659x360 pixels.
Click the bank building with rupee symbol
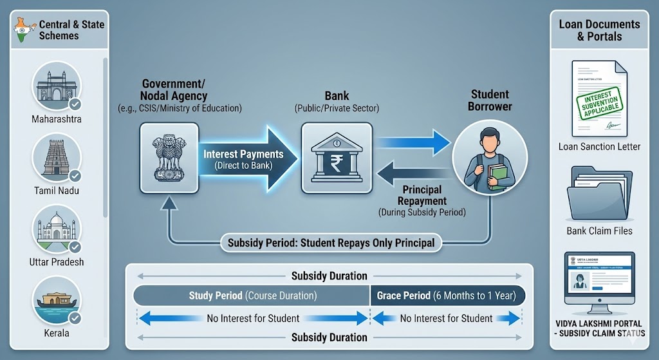pos(337,158)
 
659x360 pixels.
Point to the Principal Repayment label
pos(422,195)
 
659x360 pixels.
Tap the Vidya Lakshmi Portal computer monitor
pos(599,278)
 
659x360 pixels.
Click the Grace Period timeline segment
pos(447,296)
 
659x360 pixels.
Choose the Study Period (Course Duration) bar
pos(251,296)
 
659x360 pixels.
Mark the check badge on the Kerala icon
pos(75,318)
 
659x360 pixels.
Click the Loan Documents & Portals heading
pos(599,30)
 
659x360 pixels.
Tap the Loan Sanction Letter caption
pos(599,147)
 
